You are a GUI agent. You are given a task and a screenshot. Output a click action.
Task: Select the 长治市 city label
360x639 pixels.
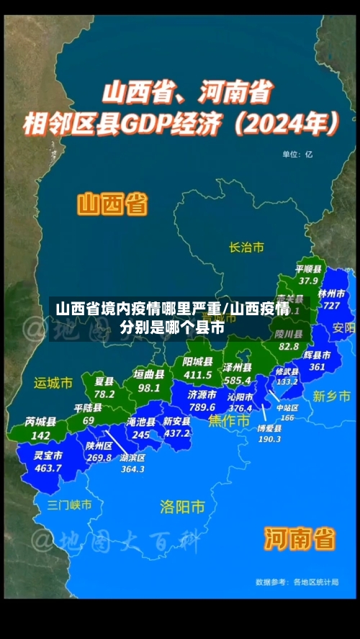click(x=246, y=247)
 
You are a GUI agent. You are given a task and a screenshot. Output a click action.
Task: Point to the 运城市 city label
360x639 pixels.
click(x=53, y=383)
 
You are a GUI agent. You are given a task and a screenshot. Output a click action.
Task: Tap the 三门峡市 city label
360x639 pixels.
click(x=69, y=504)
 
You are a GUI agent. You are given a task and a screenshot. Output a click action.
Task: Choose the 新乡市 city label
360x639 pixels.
click(x=332, y=396)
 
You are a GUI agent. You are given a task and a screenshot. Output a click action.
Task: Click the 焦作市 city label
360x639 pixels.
click(x=228, y=420)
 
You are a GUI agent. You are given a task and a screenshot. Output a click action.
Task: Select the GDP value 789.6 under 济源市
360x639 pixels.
click(x=202, y=407)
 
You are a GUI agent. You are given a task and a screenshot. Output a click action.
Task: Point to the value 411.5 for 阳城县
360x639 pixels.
click(x=197, y=374)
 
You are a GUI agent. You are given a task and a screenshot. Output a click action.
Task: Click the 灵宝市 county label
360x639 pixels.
click(x=48, y=456)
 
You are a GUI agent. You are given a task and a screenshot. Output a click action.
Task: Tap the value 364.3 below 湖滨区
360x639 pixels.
click(x=132, y=469)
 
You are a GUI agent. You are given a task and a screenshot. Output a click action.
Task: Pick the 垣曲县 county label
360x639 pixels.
click(x=149, y=375)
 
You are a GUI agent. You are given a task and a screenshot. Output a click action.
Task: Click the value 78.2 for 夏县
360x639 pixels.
click(x=104, y=394)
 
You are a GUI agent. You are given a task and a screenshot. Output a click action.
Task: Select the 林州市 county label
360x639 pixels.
click(x=332, y=294)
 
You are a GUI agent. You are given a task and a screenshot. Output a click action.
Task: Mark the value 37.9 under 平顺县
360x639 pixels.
click(x=308, y=280)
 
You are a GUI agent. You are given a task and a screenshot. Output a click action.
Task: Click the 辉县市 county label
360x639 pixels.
click(x=317, y=355)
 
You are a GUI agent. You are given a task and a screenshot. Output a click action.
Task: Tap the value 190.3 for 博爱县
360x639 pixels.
click(x=269, y=438)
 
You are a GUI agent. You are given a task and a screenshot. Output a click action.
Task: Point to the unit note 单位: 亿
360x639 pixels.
click(x=297, y=153)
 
